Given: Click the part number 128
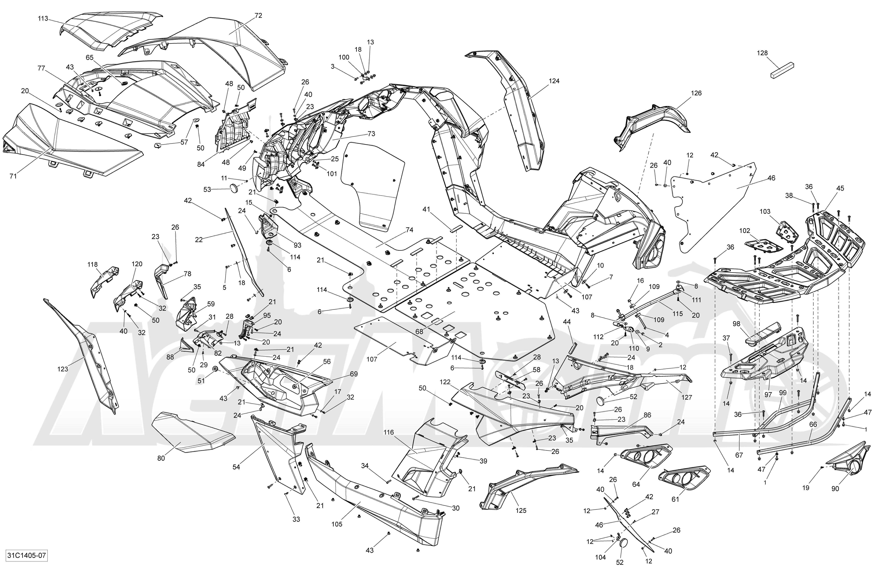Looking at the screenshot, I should pos(762,53).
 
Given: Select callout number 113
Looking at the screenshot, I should pos(43,19).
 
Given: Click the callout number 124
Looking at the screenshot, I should pos(554,81).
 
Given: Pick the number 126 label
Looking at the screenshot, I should pos(696,93).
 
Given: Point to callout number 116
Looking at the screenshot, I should pos(389,433).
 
